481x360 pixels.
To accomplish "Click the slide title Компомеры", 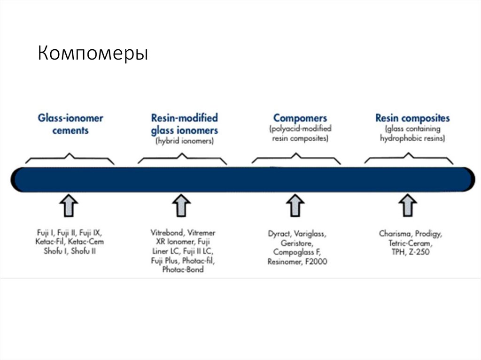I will [x=93, y=54].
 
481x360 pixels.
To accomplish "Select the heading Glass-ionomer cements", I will [x=70, y=124].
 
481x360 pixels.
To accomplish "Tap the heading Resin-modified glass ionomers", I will [x=184, y=124].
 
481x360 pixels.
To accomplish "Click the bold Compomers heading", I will [x=300, y=118].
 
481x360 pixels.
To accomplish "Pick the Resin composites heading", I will [x=412, y=118].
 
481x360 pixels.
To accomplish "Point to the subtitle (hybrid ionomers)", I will [x=184, y=140].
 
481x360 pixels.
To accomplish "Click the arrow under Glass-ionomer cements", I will [x=69, y=205].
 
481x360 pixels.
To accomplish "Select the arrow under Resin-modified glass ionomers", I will [x=181, y=205].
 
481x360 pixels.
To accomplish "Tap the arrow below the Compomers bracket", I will [x=296, y=205].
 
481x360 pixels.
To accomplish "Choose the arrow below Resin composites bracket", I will [x=408, y=205].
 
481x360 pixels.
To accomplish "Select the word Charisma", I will [x=395, y=233].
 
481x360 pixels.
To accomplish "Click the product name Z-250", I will [x=419, y=252].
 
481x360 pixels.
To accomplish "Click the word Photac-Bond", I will [x=183, y=270].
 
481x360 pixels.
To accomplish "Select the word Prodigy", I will [x=428, y=233].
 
